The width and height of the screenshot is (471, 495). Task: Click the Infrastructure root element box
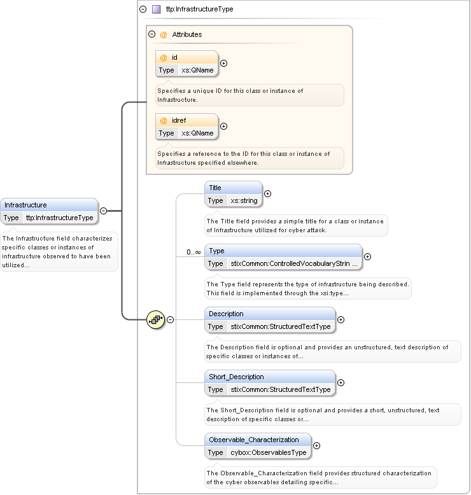coord(50,211)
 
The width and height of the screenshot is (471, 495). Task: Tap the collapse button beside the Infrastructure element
coord(103,211)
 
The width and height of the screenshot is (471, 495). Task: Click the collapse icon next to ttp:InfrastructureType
coord(143,10)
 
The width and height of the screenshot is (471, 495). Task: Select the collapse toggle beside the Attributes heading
coord(151,34)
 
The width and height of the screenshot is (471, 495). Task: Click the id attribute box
coord(187,64)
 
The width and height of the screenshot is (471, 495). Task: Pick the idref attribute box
coord(187,127)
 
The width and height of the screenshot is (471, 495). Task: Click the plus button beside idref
coord(223,127)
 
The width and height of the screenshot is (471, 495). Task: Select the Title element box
coord(233,194)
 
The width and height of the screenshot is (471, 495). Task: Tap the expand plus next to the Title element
coord(267,194)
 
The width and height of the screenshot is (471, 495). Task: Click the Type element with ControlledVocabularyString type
coord(283,257)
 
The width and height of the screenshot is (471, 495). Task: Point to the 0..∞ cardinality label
coord(193,253)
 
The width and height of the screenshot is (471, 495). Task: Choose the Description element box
coord(270,320)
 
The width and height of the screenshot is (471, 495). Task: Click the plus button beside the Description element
coord(341,320)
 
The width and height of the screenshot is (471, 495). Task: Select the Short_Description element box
coord(270,383)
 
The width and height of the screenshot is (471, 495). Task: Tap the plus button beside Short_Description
coord(341,383)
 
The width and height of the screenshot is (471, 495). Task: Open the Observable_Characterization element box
coord(258,446)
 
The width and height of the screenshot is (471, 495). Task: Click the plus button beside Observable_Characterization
coord(316,446)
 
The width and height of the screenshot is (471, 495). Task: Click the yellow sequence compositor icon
coord(156,319)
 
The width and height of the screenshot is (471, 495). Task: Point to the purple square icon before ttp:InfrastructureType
coord(156,10)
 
